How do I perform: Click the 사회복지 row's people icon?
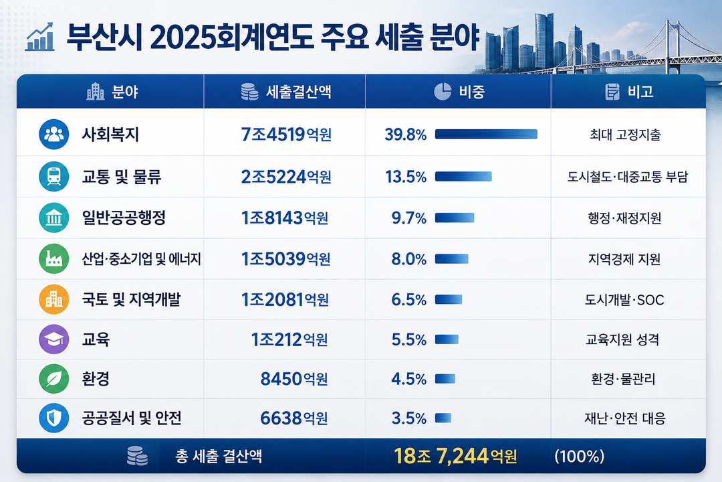(x=54, y=134)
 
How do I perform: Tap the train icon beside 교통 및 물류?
(x=54, y=176)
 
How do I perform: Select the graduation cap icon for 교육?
(x=54, y=339)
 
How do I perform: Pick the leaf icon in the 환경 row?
(x=54, y=379)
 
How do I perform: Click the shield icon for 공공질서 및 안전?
(x=54, y=418)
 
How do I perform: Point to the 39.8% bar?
(x=486, y=134)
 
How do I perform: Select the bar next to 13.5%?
(x=463, y=176)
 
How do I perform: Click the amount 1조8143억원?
(x=285, y=218)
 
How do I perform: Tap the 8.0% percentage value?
(x=409, y=259)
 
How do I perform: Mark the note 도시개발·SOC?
(x=624, y=300)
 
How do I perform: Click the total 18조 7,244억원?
(x=455, y=456)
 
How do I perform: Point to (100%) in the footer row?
(x=579, y=456)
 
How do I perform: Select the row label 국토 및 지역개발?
(x=131, y=299)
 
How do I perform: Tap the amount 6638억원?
(x=293, y=418)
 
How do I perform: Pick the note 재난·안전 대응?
(x=625, y=418)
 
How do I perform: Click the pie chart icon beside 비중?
(x=443, y=91)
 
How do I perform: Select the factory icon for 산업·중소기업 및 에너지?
(x=54, y=259)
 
